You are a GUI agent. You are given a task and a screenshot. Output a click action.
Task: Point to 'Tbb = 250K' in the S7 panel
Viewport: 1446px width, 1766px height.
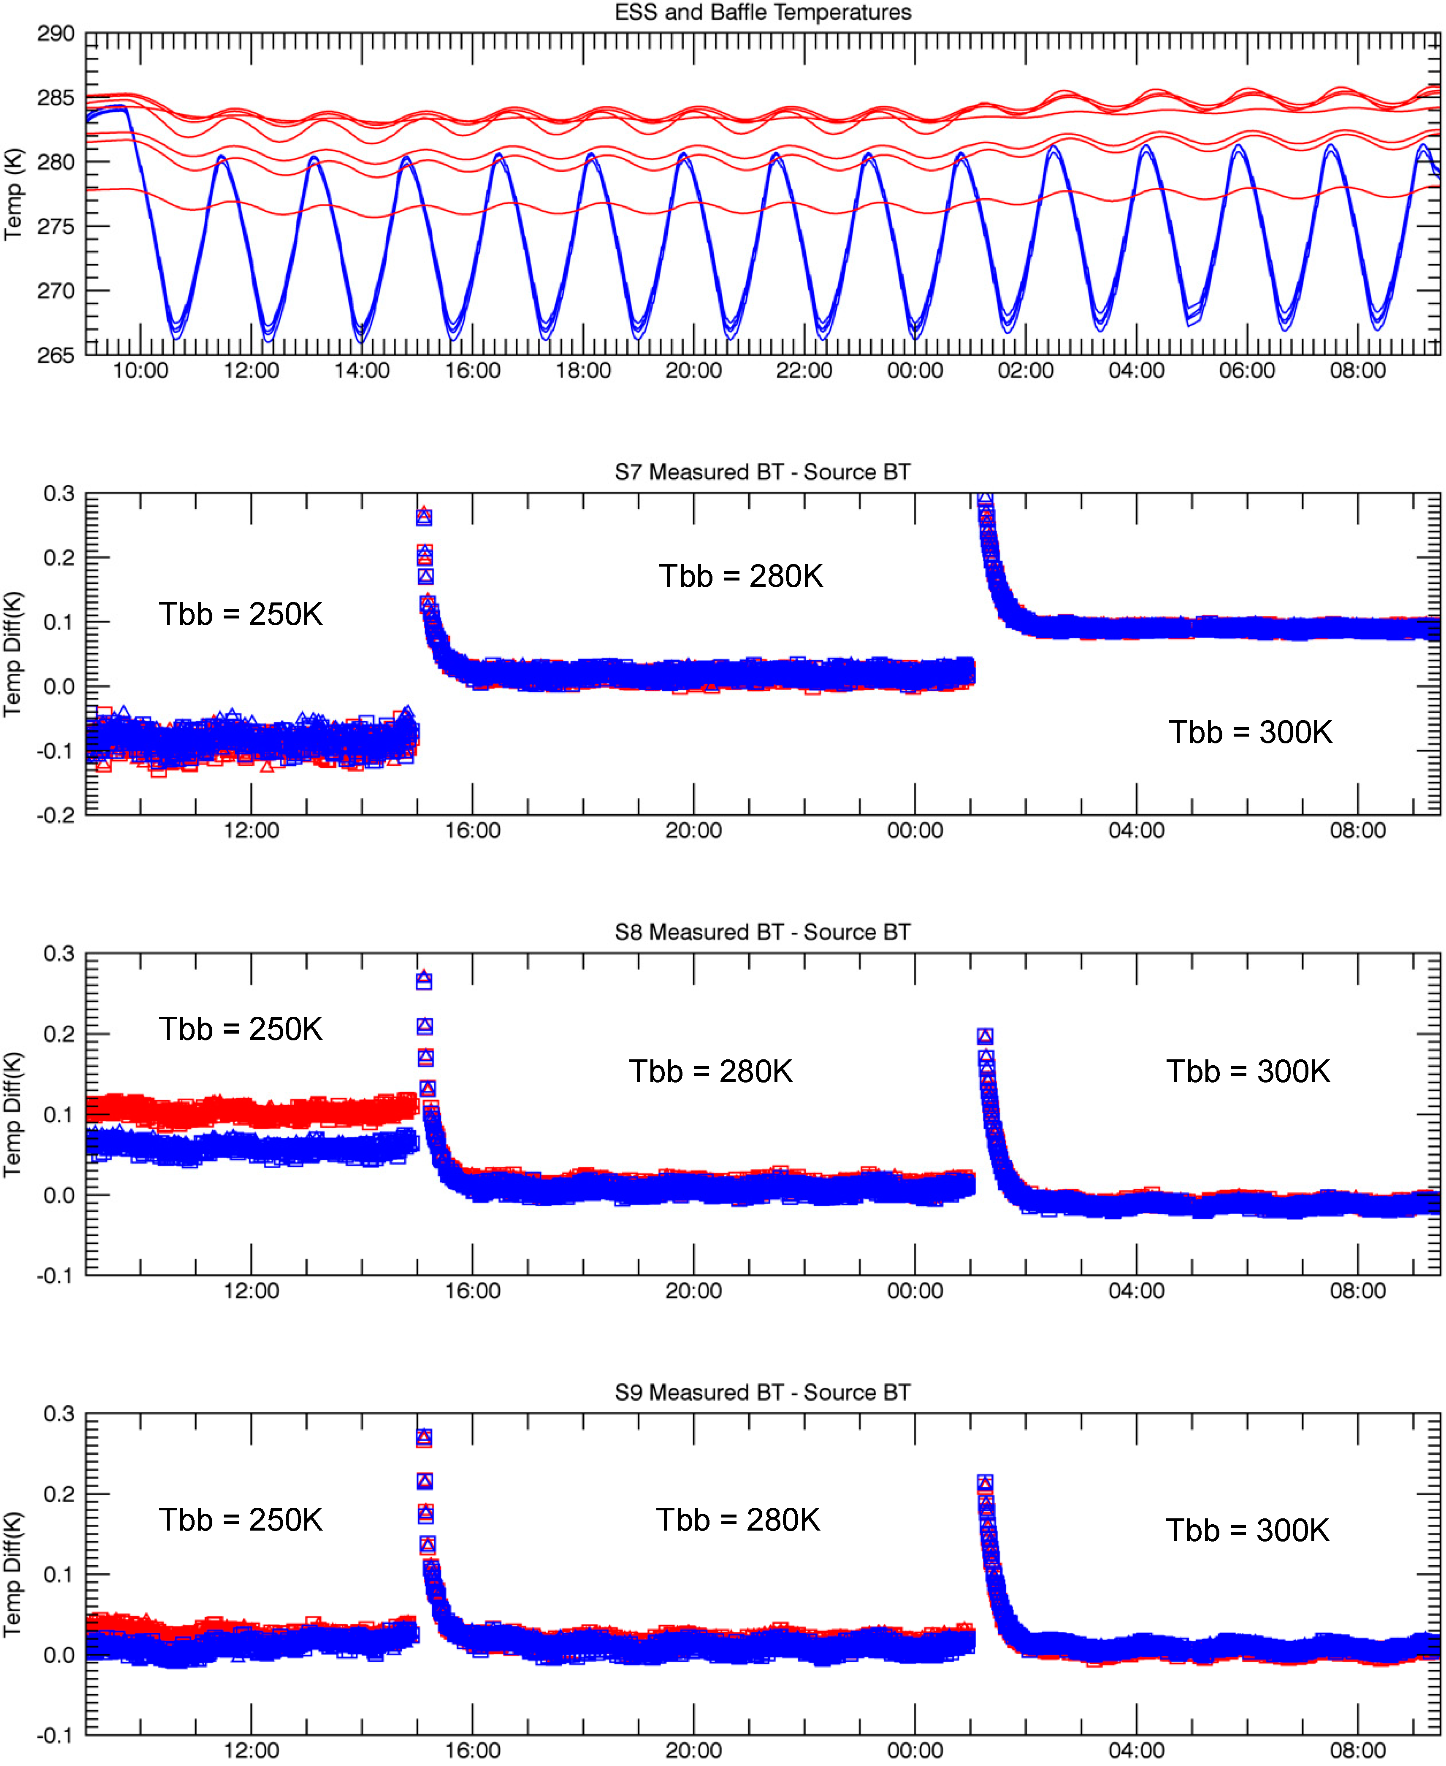tap(241, 615)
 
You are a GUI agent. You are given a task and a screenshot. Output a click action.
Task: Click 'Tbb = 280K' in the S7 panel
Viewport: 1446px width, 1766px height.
tap(740, 576)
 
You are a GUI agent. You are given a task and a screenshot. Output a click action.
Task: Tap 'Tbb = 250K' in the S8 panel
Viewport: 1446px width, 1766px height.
tap(241, 1029)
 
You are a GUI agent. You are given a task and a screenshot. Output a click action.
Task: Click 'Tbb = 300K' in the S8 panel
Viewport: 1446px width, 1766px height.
tap(1248, 1072)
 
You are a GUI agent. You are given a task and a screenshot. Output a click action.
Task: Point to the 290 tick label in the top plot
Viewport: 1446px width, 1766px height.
tap(56, 34)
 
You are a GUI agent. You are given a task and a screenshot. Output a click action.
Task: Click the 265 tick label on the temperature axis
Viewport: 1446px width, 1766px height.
tap(56, 356)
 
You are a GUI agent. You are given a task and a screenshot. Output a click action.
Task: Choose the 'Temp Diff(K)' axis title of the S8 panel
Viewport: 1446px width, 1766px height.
tap(14, 1114)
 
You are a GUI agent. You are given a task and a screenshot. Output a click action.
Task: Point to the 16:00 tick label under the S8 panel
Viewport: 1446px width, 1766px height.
tap(472, 1291)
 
